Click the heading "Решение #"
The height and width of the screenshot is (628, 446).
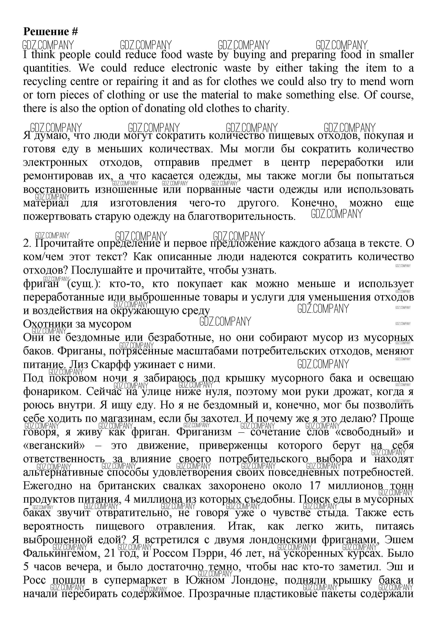click(x=51, y=32)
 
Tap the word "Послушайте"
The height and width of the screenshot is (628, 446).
click(x=106, y=271)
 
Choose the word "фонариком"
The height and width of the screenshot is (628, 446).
click(x=52, y=392)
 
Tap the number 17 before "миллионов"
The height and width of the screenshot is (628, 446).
click(x=315, y=486)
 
